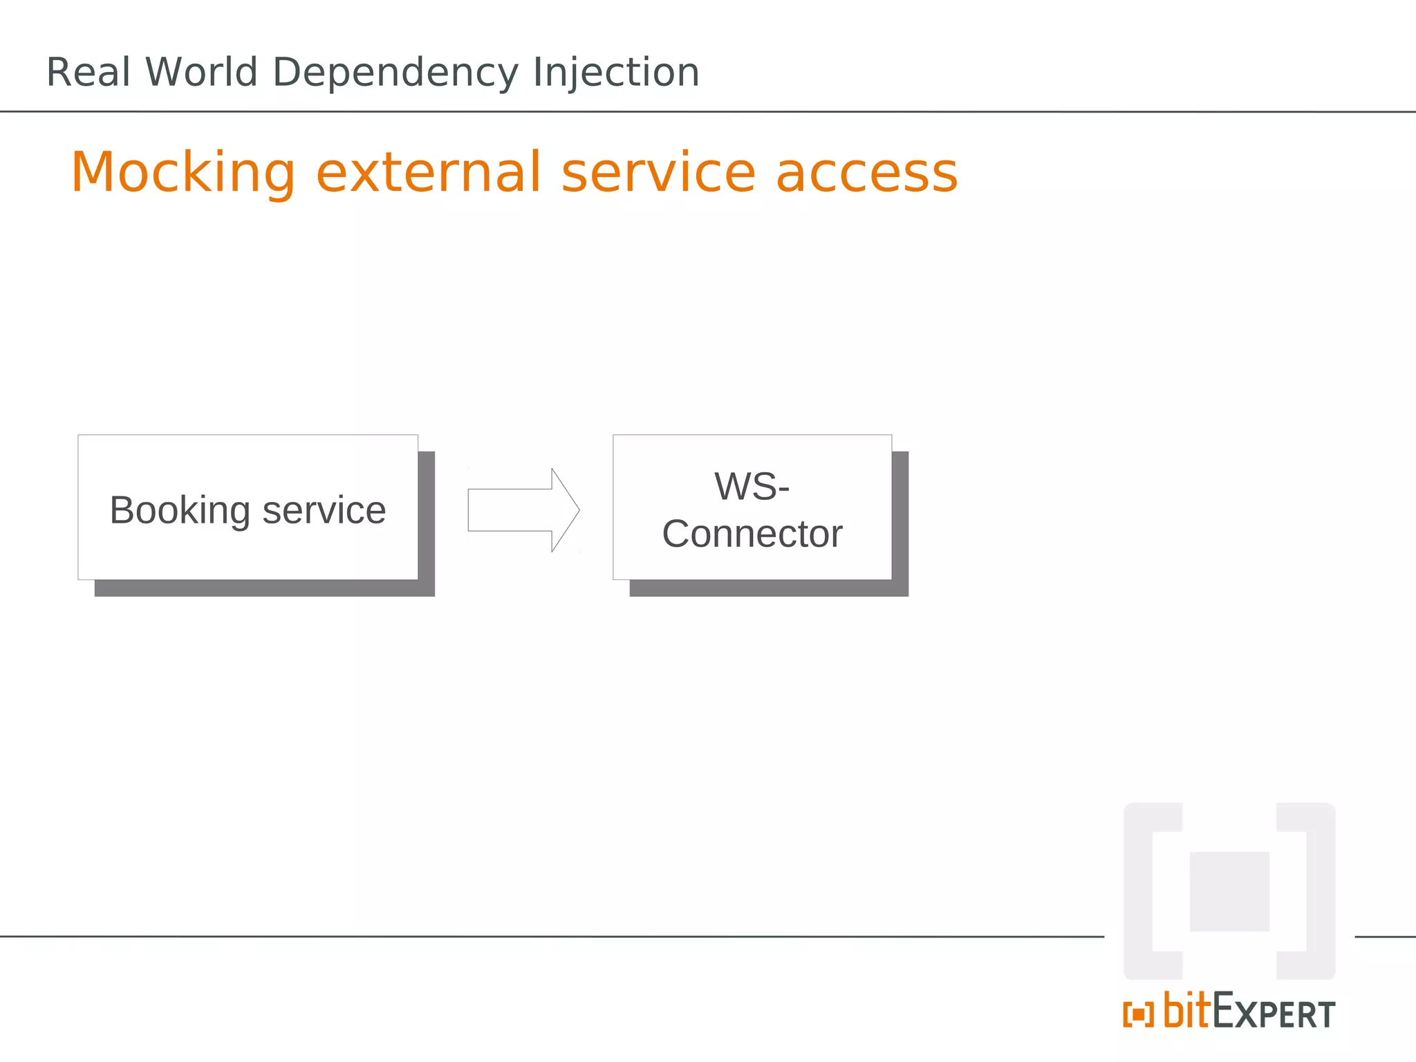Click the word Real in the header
pyautogui.click(x=88, y=73)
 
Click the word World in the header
pyautogui.click(x=201, y=73)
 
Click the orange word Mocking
pyautogui.click(x=183, y=173)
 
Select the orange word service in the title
pyautogui.click(x=658, y=173)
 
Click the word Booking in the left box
pyautogui.click(x=180, y=512)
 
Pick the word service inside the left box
pyautogui.click(x=324, y=512)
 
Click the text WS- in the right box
pyautogui.click(x=752, y=487)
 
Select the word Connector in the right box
pyautogui.click(x=752, y=534)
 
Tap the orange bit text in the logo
pyautogui.click(x=1187, y=1011)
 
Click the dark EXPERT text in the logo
pyautogui.click(x=1274, y=1014)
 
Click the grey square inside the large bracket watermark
pyautogui.click(x=1229, y=892)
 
